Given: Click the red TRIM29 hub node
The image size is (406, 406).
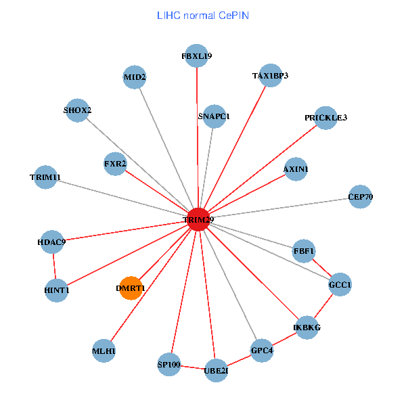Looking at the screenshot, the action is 198,220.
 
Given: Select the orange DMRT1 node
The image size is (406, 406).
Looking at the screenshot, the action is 130,288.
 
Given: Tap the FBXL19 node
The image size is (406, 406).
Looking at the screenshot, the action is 197,55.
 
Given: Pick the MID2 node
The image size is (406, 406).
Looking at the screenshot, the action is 135,77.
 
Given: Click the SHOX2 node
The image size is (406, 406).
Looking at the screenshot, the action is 78,110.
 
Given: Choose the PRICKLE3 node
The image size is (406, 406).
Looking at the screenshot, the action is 325,118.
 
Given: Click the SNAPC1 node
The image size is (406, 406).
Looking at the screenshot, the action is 214,116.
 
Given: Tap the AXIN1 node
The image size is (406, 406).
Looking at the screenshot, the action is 296,169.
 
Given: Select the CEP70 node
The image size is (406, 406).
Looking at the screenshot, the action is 360,197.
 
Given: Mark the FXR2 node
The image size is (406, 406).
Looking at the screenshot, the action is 115,164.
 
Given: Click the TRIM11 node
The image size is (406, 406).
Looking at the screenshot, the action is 45,177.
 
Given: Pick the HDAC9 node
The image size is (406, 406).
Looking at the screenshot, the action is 52,242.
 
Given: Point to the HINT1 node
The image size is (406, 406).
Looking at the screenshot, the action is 57,290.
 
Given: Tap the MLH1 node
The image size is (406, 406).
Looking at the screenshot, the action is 104,351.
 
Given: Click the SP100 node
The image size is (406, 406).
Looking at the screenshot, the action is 168,365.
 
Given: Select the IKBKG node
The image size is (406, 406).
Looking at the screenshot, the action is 307,328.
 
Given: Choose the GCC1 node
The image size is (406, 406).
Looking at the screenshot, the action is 340,285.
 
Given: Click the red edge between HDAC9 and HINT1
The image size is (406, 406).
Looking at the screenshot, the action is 54,266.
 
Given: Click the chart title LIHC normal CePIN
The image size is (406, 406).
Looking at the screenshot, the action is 203,14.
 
